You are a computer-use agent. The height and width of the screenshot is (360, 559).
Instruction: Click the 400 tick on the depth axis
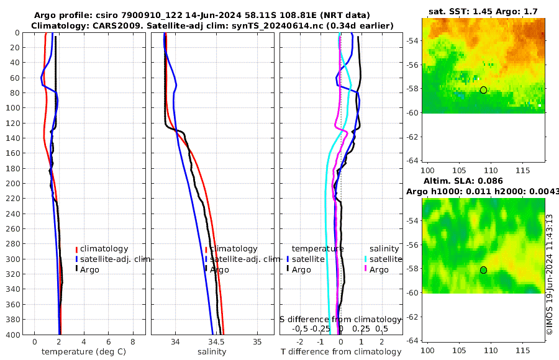pyautogui.click(x=12, y=335)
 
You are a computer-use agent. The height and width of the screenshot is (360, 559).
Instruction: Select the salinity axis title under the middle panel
pyautogui.click(x=212, y=352)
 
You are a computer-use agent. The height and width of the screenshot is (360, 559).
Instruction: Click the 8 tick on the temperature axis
pyautogui.click(x=133, y=342)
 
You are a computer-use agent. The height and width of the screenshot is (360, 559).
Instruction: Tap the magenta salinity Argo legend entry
pyautogui.click(x=379, y=269)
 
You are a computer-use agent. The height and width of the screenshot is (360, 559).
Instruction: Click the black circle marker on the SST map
pyautogui.click(x=483, y=90)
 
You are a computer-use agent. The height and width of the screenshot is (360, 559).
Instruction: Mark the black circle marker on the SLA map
pyautogui.click(x=483, y=270)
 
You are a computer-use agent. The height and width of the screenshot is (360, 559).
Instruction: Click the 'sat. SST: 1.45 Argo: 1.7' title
pyautogui.click(x=483, y=12)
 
